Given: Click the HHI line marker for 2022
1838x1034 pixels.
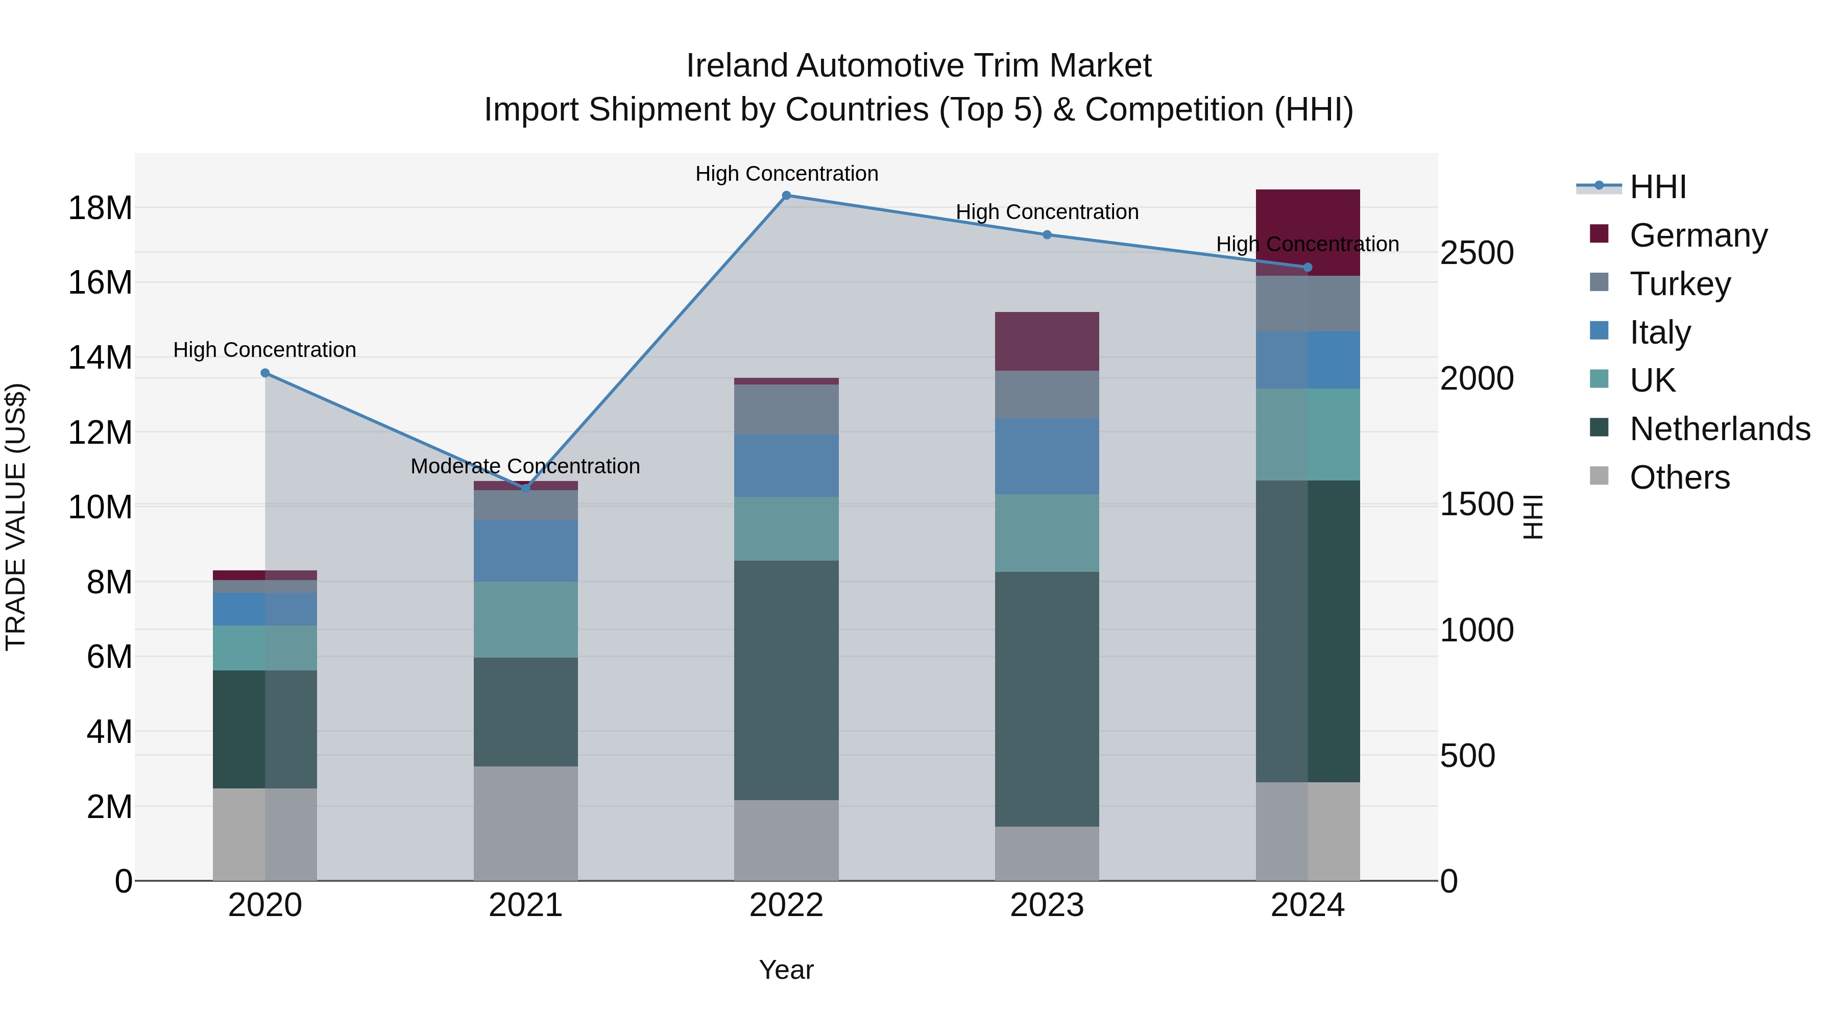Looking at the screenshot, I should tap(786, 196).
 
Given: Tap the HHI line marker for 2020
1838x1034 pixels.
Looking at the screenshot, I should tap(264, 373).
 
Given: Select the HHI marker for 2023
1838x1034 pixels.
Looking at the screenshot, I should tap(1047, 235).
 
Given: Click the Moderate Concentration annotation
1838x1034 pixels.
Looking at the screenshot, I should tap(525, 466).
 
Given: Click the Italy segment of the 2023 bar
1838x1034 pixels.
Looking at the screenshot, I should tap(1047, 456).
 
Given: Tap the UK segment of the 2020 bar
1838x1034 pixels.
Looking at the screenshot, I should tap(264, 647).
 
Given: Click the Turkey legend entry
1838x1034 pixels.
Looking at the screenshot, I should tap(1680, 283).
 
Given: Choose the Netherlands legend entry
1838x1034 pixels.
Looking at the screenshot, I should tap(1720, 429).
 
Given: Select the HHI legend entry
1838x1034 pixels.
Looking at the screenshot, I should tap(1657, 187).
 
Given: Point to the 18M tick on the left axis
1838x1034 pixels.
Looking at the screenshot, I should tap(100, 208).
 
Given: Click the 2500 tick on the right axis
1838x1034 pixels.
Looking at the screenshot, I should tap(1476, 253).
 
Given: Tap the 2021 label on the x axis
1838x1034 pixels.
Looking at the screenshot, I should tap(525, 905).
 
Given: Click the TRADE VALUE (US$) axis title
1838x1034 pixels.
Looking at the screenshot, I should tap(16, 517).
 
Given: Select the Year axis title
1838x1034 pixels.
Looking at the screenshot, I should tap(786, 970).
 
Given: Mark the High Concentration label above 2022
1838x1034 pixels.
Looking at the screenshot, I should tap(786, 174).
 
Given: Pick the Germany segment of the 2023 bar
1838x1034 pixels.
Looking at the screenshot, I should tap(1047, 341).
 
